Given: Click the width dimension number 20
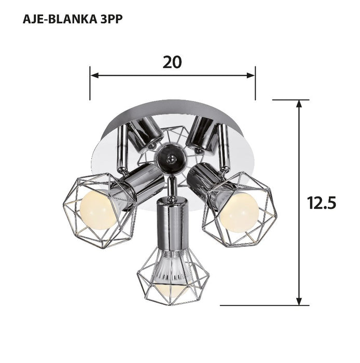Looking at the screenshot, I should pos(172,62).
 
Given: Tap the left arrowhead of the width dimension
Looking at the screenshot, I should pos(94,76).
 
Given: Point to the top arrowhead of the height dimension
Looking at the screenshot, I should pos(299,104).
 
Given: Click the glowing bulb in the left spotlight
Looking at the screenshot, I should pos(98,210).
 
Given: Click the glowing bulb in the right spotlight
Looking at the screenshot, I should pos(239,212).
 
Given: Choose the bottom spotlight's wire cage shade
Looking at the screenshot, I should pos(172,277).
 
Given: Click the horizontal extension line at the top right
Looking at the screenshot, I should pos(290,100).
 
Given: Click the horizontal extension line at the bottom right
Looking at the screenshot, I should pos(265,305).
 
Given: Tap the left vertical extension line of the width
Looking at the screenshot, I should pos(90,86).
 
